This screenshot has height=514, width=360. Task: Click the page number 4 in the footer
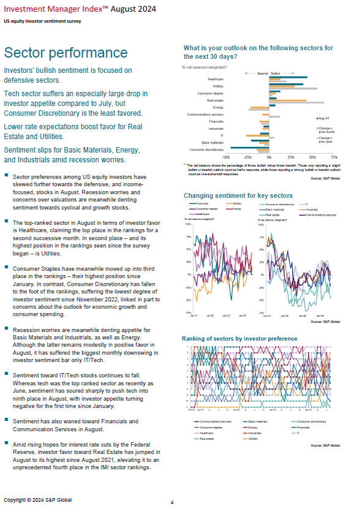click(172, 502)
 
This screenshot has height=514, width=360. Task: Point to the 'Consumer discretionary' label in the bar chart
click(207, 149)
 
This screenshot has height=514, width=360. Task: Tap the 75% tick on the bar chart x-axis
click(334, 157)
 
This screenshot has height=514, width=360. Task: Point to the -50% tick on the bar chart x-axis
click(226, 157)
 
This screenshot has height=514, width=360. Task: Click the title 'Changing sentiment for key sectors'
click(238, 195)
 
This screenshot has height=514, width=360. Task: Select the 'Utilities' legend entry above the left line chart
click(241, 203)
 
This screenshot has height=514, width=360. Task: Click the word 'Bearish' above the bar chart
click(263, 72)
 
